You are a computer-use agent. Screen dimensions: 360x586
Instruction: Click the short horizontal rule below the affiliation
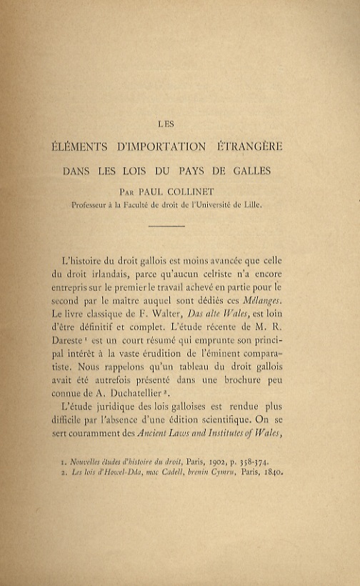click(168, 226)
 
